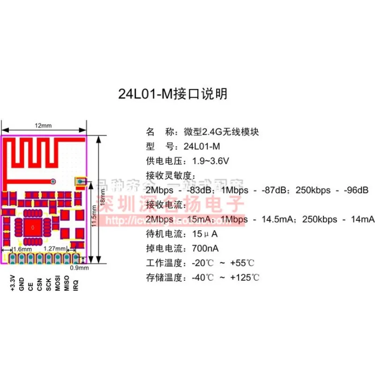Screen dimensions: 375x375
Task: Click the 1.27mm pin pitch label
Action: point(52,249)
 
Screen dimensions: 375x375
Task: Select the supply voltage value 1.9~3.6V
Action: point(210,161)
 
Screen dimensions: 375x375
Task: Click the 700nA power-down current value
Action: point(205,248)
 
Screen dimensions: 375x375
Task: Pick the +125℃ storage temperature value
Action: point(245,277)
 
